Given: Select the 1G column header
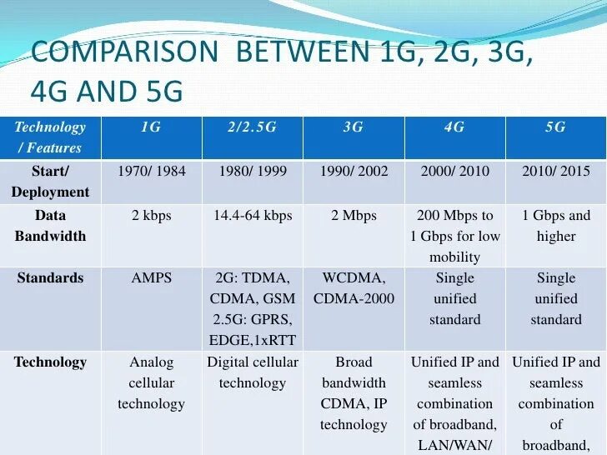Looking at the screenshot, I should pyautogui.click(x=151, y=127).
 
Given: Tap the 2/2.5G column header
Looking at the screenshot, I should pyautogui.click(x=252, y=127).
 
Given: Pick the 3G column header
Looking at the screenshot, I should pyautogui.click(x=354, y=127).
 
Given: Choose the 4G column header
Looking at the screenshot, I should pyautogui.click(x=454, y=127).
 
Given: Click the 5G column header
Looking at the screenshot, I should pyautogui.click(x=555, y=127).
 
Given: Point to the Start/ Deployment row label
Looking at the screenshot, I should pyautogui.click(x=50, y=182).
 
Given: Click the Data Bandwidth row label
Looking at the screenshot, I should pyautogui.click(x=50, y=226).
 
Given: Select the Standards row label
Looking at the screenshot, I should pyautogui.click(x=50, y=277).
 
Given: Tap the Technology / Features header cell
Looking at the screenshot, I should pyautogui.click(x=50, y=137).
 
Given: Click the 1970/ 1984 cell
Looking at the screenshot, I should pyautogui.click(x=151, y=172).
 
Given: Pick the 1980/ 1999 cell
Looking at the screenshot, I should pyautogui.click(x=252, y=172).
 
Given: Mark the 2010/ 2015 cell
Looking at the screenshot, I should pyautogui.click(x=555, y=172).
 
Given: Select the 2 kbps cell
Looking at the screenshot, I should pyautogui.click(x=151, y=216).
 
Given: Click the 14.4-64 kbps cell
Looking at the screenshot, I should pyautogui.click(x=252, y=216).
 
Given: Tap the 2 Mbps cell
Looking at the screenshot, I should pyautogui.click(x=354, y=216).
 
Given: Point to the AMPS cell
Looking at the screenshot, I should pyautogui.click(x=151, y=277).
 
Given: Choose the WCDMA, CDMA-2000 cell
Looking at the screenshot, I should pyautogui.click(x=354, y=288).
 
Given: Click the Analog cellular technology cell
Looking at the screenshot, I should pyautogui.click(x=151, y=383).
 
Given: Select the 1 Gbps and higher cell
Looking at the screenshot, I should pyautogui.click(x=555, y=226).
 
